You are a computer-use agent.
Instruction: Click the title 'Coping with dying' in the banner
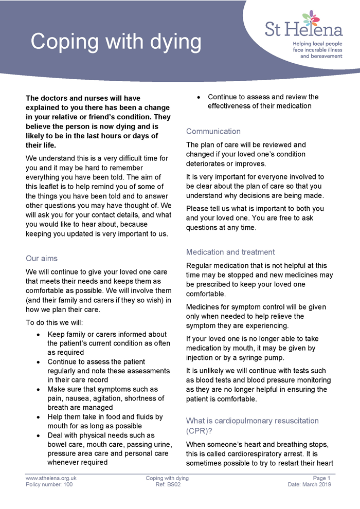click(116, 42)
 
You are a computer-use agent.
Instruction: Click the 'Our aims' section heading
click(42, 259)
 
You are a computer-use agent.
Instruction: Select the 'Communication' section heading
click(213, 131)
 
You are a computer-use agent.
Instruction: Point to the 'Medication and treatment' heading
click(230, 252)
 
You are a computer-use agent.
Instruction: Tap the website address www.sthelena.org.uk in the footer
click(51, 478)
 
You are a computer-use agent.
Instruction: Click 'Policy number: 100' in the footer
click(49, 484)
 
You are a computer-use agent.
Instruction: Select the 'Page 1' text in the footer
click(321, 478)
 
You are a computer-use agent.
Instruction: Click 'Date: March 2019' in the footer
click(310, 484)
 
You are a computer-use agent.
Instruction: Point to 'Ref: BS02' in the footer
click(167, 484)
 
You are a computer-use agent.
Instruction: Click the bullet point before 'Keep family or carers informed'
click(40, 335)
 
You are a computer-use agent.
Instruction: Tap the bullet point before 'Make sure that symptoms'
click(40, 390)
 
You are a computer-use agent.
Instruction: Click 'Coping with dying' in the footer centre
click(167, 478)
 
